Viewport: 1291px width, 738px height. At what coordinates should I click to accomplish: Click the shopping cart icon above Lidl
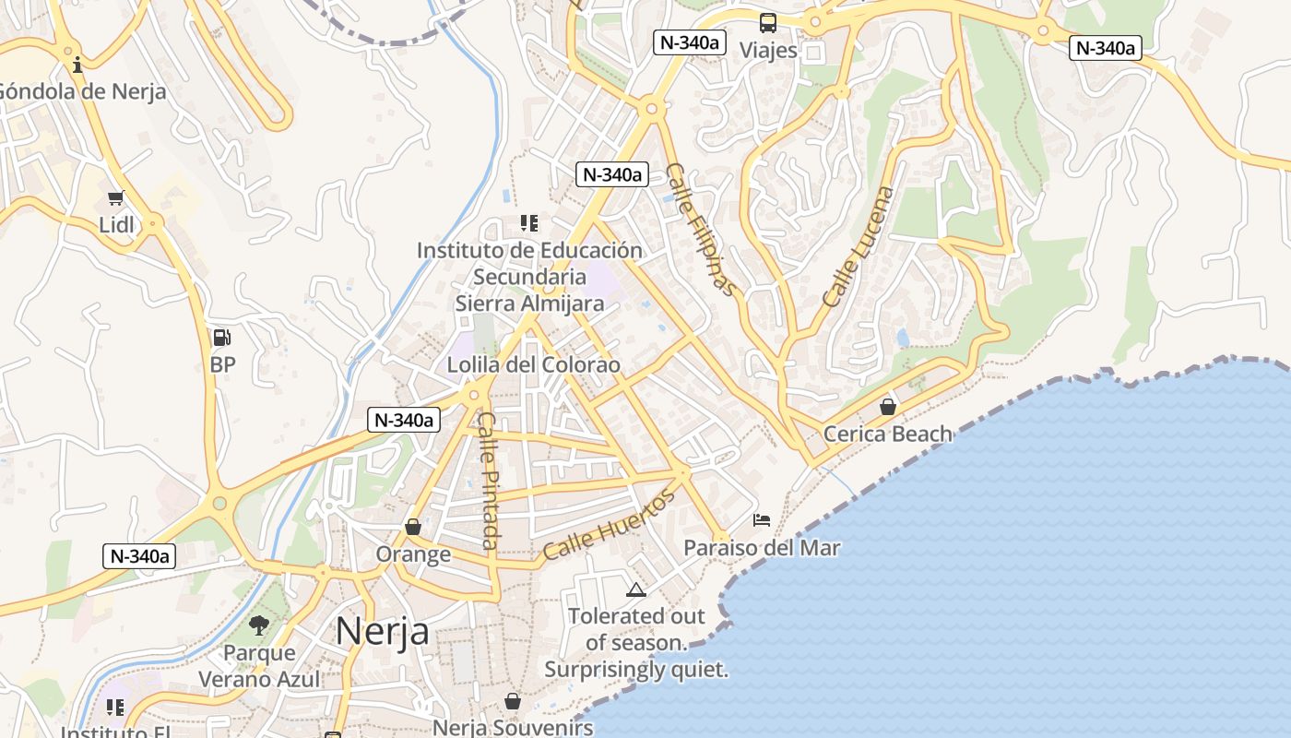pos(115,197)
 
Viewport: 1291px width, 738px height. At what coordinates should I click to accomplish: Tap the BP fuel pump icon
pos(221,338)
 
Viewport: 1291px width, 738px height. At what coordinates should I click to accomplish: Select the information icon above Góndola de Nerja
pos(77,64)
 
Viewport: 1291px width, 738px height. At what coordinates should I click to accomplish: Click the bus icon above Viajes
pos(768,23)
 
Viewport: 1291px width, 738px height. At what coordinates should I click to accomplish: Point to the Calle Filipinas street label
pos(702,230)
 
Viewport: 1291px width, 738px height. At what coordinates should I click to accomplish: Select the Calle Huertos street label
pos(609,525)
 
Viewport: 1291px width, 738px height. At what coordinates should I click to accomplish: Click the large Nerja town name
pos(382,632)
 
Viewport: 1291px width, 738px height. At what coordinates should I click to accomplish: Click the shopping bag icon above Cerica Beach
pos(888,406)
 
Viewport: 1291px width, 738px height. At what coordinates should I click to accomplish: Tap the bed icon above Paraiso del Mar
pos(762,520)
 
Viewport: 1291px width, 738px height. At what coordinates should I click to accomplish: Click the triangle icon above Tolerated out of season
pos(634,589)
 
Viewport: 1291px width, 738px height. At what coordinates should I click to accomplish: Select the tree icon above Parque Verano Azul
pos(259,625)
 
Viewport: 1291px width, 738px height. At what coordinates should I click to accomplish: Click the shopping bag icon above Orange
pos(413,527)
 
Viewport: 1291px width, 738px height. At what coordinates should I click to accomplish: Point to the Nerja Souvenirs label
pos(513,728)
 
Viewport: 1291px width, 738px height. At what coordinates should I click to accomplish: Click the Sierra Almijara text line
pos(529,304)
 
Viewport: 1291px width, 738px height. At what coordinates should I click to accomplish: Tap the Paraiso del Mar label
pos(762,548)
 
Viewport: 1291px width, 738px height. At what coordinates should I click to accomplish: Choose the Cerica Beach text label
pos(887,434)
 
